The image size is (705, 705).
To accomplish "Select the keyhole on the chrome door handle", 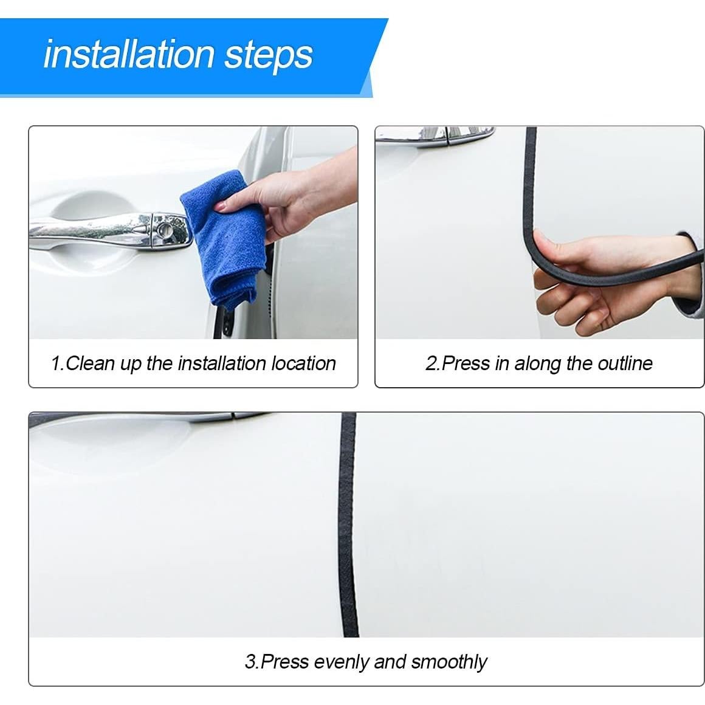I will pos(163,230).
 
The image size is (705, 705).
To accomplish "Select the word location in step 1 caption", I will pos(303,363).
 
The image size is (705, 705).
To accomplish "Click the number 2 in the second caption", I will pos(431,363).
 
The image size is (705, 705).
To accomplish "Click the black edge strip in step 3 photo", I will pos(348,523).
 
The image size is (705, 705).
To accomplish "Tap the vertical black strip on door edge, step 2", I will pos(530,176).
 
